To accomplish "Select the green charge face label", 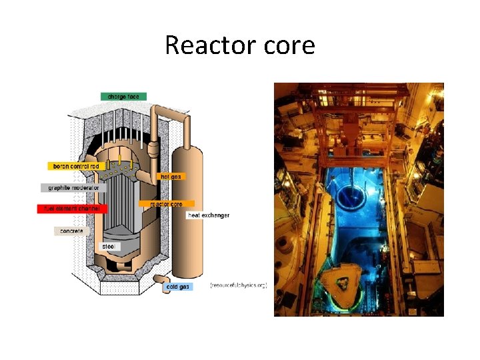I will (123, 97).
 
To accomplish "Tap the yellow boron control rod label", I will (74, 166).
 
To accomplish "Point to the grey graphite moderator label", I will (73, 188).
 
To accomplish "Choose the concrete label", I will (71, 231).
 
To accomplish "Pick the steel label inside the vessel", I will (109, 247).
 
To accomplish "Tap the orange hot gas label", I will (169, 177).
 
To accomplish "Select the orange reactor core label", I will (167, 203).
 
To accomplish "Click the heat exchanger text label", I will (208, 215).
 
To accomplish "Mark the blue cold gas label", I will (177, 287).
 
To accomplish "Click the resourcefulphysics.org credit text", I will (239, 285).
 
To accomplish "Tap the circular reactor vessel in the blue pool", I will (350, 195).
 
